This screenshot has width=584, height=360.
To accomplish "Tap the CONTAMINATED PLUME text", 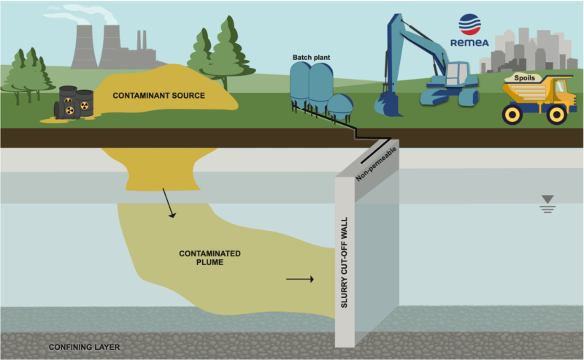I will (210, 258).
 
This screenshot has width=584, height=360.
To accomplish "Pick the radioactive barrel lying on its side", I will (64, 110).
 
